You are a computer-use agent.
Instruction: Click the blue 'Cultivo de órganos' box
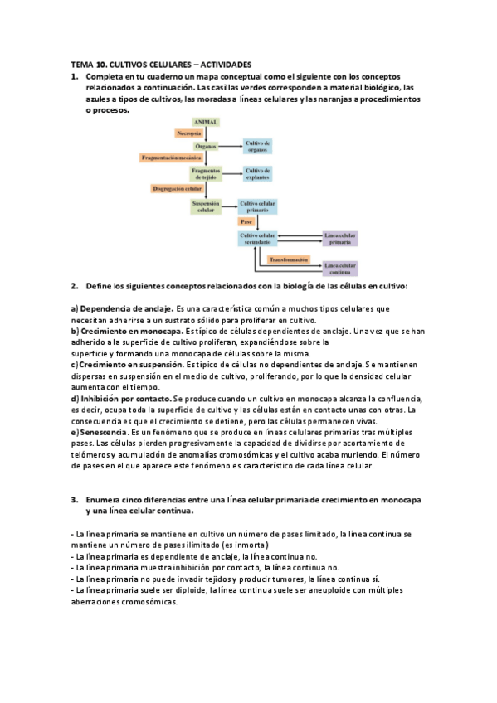257,145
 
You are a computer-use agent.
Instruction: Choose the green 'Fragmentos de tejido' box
205,173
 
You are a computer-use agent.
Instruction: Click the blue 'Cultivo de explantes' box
257,173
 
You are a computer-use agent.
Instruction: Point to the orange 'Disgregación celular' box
178,189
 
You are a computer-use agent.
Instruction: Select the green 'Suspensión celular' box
205,206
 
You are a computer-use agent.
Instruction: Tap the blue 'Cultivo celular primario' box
257,206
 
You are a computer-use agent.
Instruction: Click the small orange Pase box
246,222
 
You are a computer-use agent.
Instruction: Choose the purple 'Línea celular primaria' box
340,238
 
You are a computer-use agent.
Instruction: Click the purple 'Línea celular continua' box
340,269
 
